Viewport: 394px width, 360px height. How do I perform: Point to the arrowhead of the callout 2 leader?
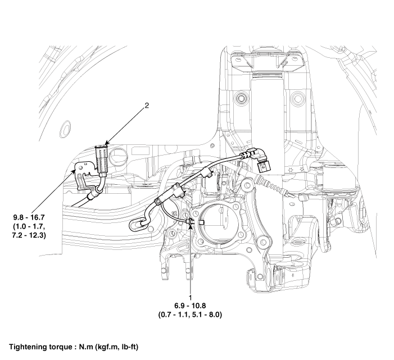105,145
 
